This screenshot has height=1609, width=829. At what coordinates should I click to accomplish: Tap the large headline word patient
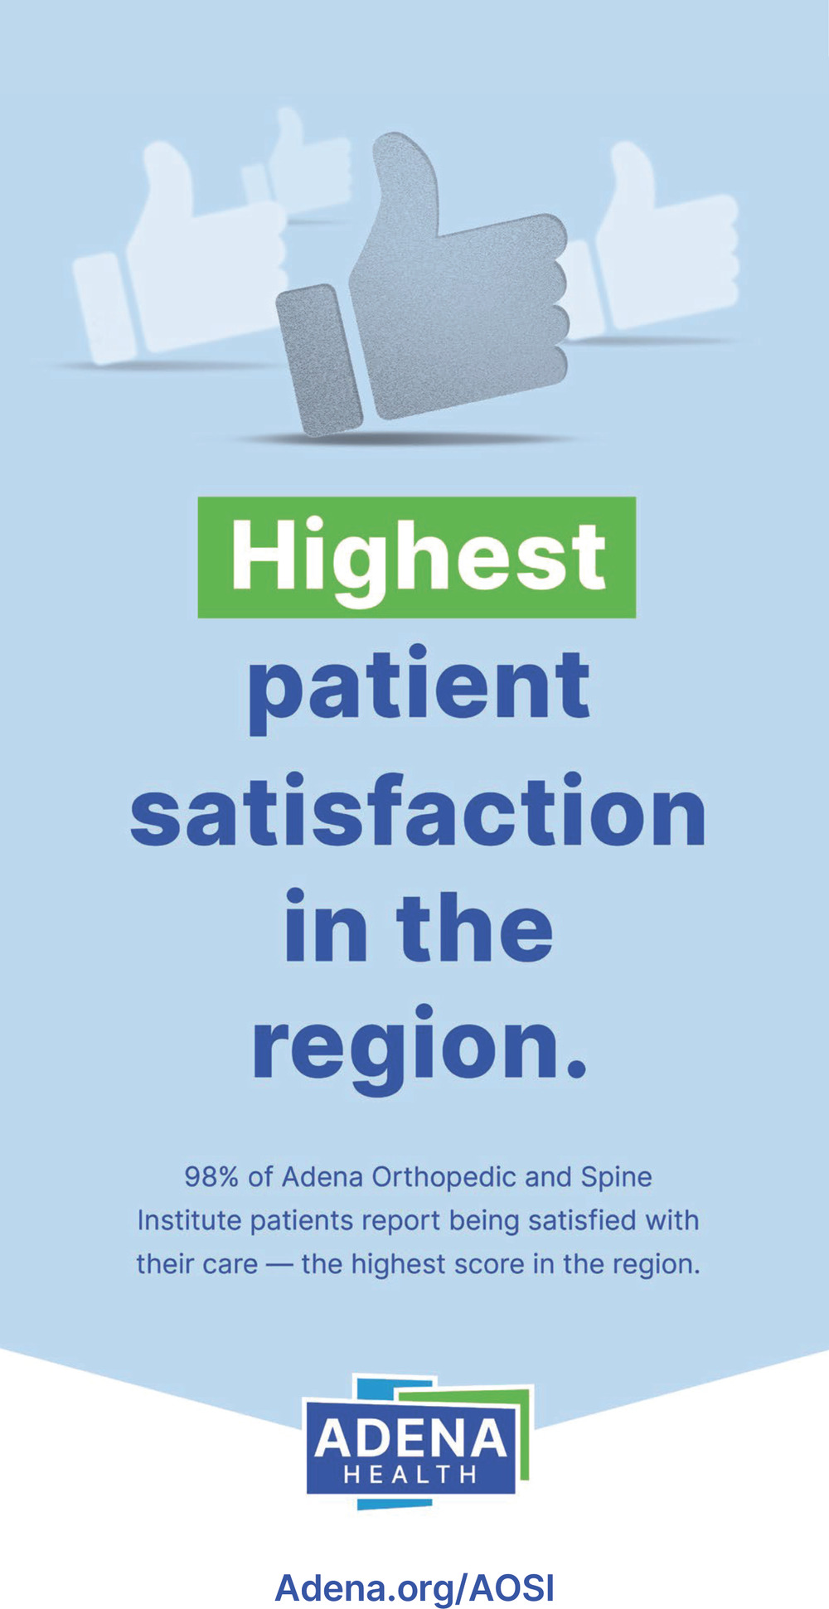pyautogui.click(x=419, y=690)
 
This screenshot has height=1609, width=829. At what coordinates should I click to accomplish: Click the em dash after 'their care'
pyautogui.click(x=279, y=1265)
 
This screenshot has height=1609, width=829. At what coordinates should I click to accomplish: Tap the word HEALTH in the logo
pyautogui.click(x=410, y=1475)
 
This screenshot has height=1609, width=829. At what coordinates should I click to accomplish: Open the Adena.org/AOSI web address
pyautogui.click(x=414, y=1587)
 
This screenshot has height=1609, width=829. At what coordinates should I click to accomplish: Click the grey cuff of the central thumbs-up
pyautogui.click(x=320, y=360)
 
